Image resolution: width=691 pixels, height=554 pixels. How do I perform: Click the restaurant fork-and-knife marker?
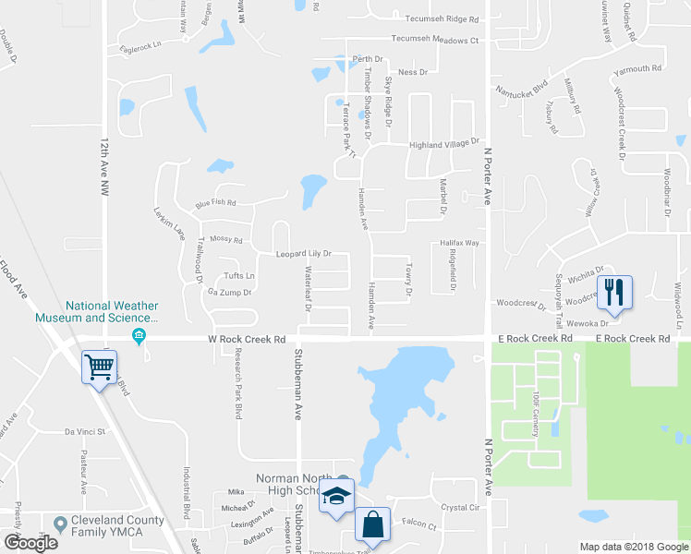coord(614,292)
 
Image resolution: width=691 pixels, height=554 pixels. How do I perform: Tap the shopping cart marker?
coord(100,367)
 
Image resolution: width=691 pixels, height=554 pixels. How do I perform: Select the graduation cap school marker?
coord(337,496)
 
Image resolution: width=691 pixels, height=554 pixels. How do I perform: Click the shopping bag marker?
coord(372,524)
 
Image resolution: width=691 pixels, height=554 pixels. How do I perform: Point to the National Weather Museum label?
coord(111,312)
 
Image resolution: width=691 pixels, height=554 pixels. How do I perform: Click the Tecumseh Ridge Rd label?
coord(435,19)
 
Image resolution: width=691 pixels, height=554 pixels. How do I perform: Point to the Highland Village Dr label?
coord(445,144)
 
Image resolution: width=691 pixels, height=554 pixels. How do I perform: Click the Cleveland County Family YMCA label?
coord(117,526)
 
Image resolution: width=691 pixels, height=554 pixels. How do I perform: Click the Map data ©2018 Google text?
coord(633,546)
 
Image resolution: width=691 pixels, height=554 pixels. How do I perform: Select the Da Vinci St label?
coord(86,431)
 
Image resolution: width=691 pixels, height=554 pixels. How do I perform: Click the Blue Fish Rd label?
coord(215,203)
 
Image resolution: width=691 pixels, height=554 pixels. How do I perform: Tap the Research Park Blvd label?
coord(237,384)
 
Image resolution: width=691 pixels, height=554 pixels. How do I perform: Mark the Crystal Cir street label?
coord(461,508)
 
